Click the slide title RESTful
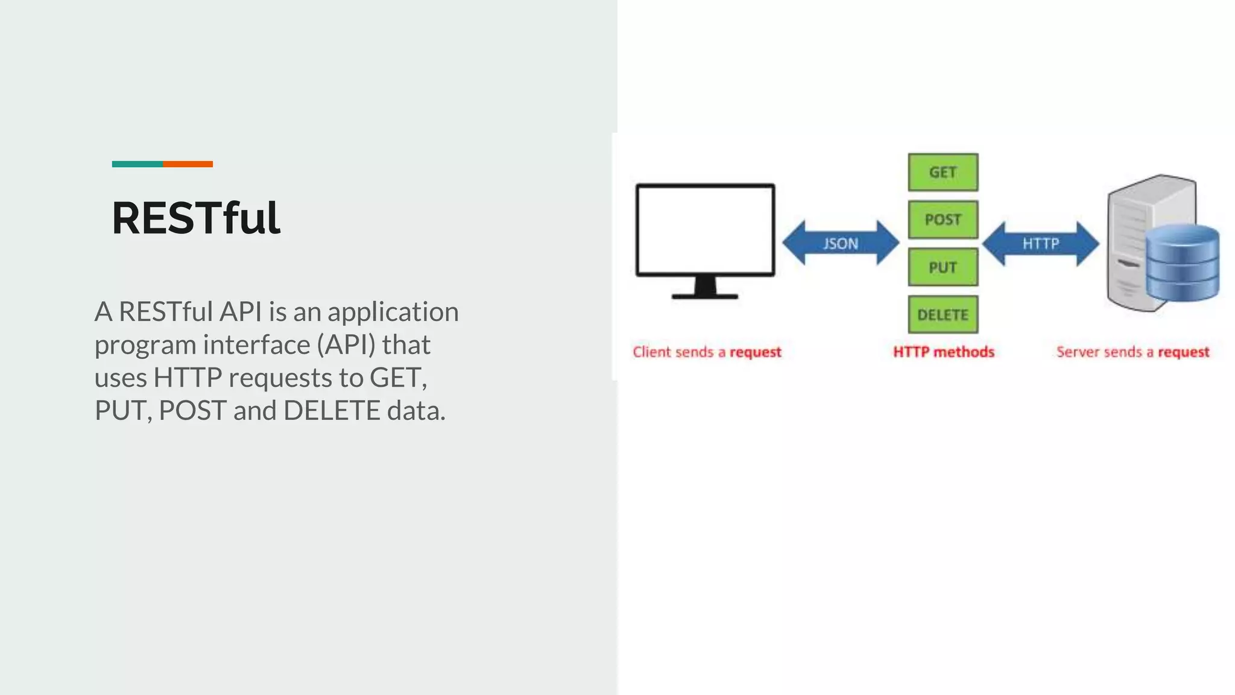[196, 218]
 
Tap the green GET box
[943, 173]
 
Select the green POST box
[943, 220]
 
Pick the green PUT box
[943, 267]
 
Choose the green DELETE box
[943, 314]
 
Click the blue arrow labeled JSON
[841, 243]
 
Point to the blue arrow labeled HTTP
[1040, 243]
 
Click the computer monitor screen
[705, 230]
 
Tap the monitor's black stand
[705, 288]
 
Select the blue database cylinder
[1182, 262]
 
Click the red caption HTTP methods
[943, 352]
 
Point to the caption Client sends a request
[707, 352]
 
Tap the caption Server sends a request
[1132, 352]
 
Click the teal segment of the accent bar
[137, 164]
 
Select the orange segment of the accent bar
[188, 164]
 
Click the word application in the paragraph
[393, 313]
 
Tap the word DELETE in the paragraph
[332, 411]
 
